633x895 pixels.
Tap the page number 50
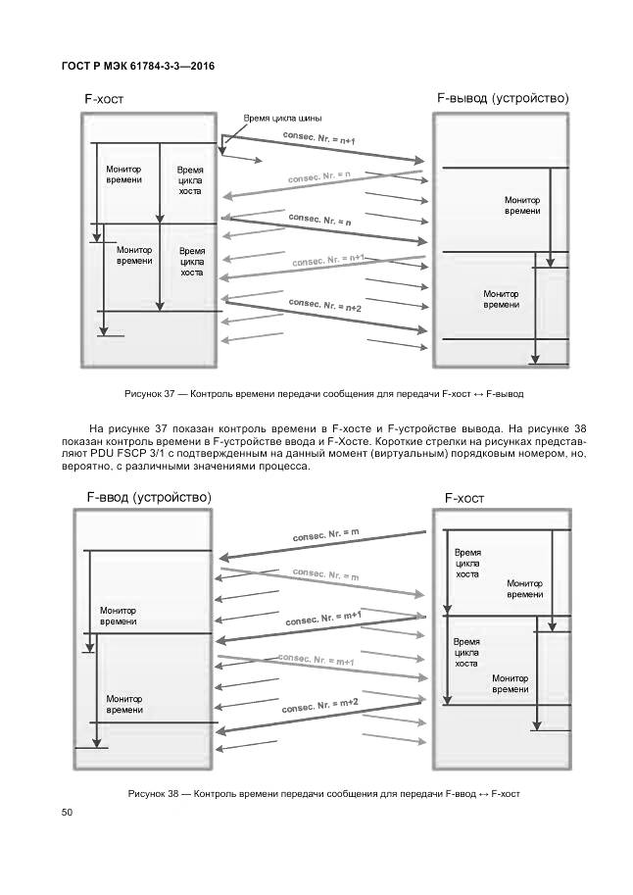(x=67, y=811)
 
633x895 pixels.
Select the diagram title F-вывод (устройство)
(x=502, y=98)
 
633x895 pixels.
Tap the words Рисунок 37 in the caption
(x=149, y=393)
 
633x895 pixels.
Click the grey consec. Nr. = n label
(x=319, y=177)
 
